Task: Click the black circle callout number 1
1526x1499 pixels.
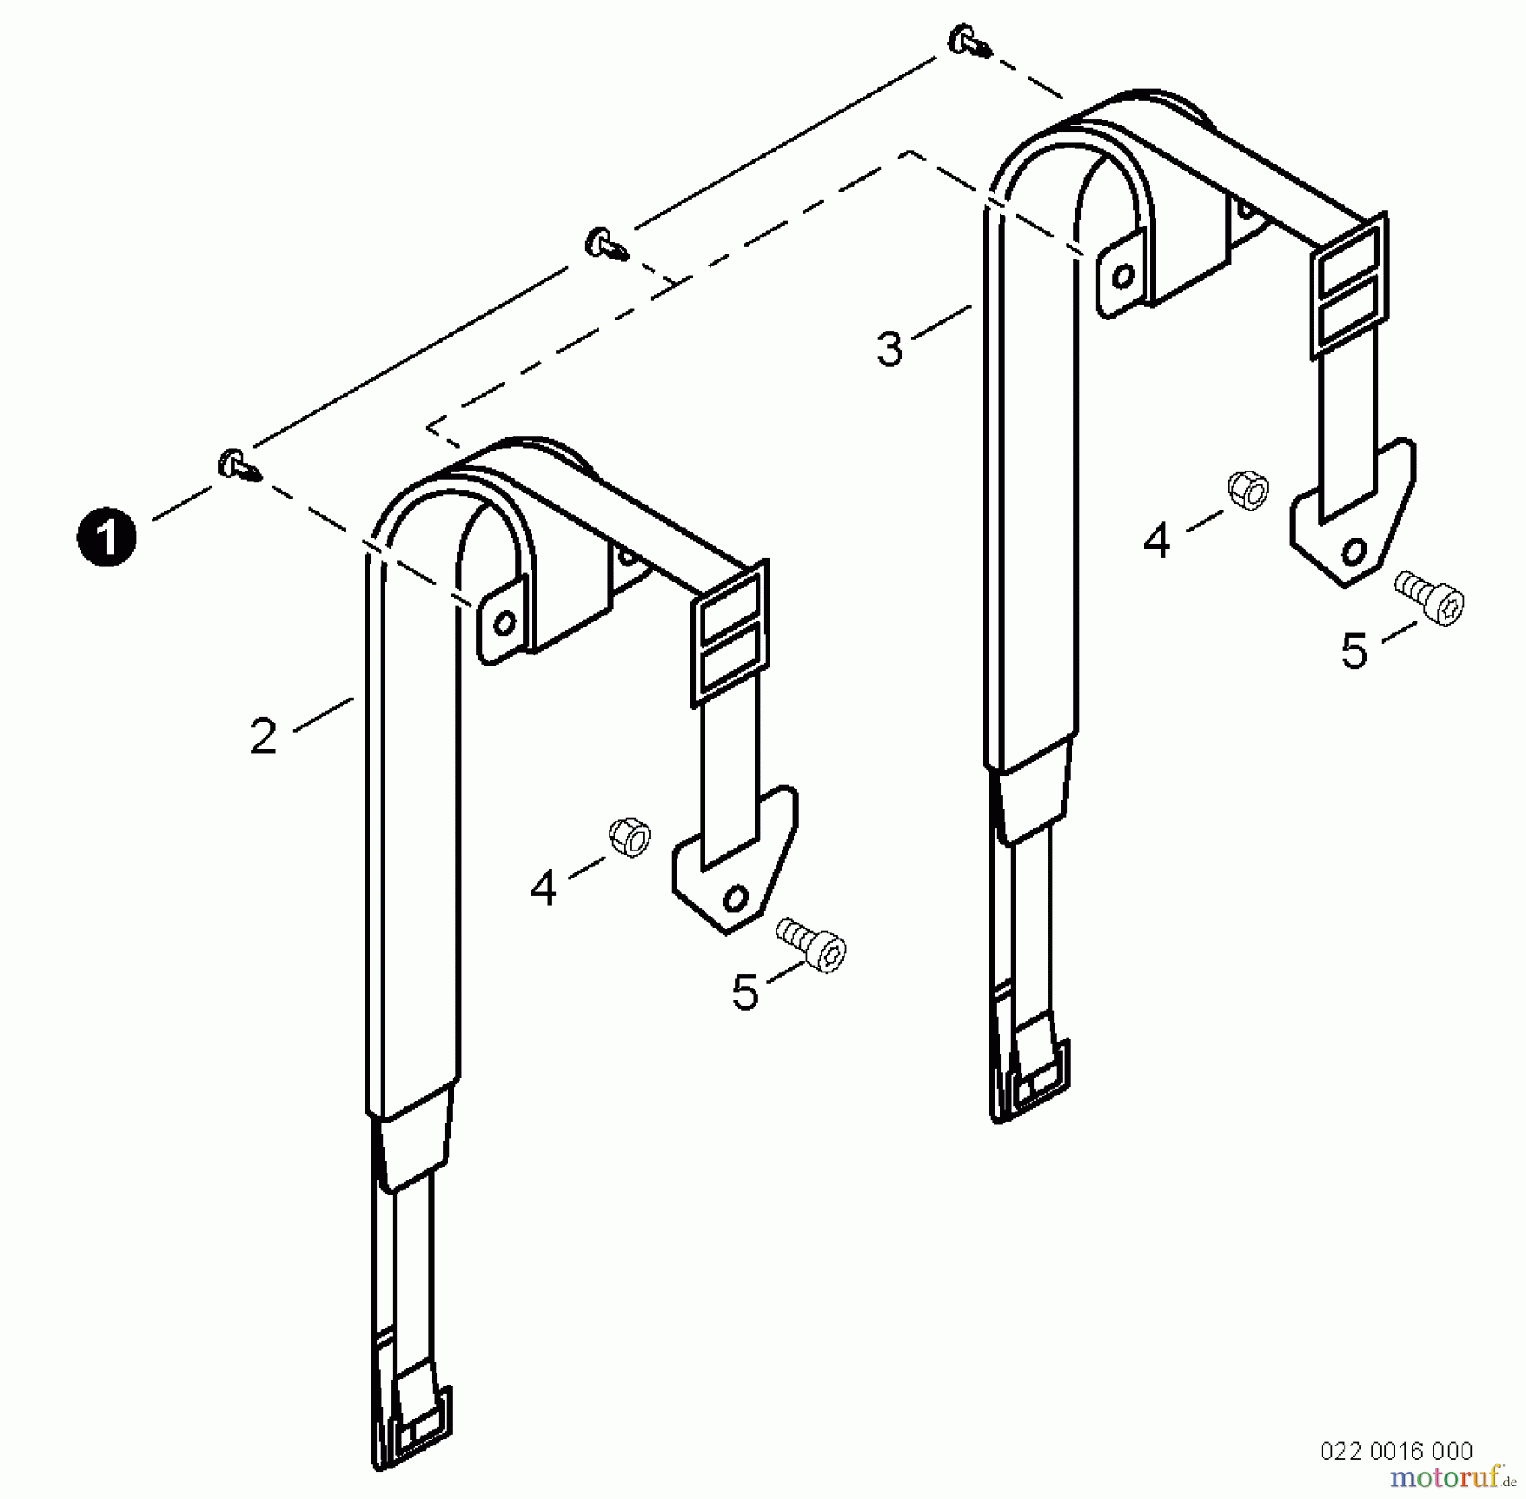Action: coord(106,538)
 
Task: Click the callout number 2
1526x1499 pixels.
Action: coord(263,736)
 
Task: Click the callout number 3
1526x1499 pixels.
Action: coord(889,348)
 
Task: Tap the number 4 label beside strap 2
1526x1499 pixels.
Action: coord(543,888)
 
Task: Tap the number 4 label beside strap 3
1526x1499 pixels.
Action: coord(1156,541)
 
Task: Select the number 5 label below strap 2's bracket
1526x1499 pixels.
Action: coord(744,993)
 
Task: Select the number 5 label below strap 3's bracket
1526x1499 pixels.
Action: coord(1354,652)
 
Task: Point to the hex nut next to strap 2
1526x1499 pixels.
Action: coord(630,838)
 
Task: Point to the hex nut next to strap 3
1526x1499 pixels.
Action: coord(1248,490)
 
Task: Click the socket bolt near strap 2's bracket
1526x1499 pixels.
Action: coord(814,945)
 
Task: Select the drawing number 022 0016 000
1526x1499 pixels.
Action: coord(1395,1451)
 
